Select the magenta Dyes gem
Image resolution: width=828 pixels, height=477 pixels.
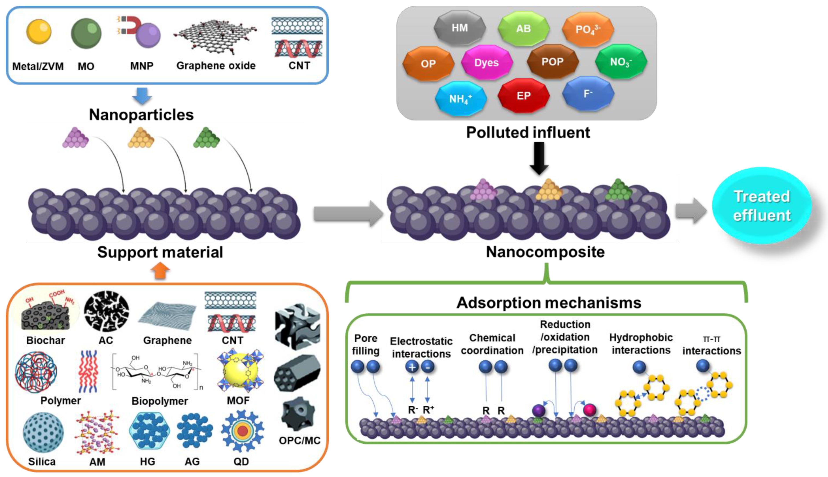[x=486, y=63]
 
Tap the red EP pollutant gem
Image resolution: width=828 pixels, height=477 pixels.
[x=523, y=96]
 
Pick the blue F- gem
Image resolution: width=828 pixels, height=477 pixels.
[x=588, y=94]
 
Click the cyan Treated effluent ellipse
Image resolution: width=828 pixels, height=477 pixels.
[x=762, y=206]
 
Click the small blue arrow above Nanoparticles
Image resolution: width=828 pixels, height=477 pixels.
[x=142, y=96]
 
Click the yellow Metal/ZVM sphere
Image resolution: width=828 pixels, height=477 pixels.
[x=39, y=32]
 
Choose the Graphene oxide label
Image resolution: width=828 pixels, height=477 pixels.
[x=216, y=66]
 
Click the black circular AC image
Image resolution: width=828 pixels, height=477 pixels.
[x=106, y=311]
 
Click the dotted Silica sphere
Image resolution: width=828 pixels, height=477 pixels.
[x=43, y=433]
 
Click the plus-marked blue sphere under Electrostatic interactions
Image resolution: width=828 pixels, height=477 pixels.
[x=412, y=367]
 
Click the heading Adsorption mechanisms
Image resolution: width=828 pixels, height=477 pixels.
[x=549, y=302]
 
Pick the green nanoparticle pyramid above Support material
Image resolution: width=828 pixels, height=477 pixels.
[x=206, y=138]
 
